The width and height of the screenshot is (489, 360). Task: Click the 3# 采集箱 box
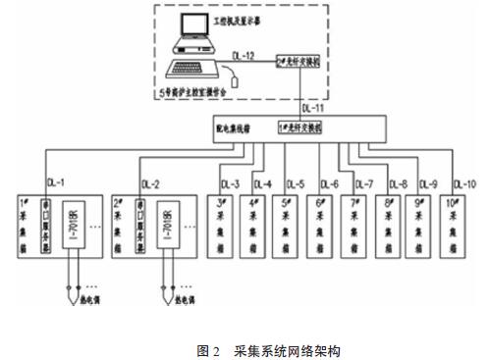click(224, 236)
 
